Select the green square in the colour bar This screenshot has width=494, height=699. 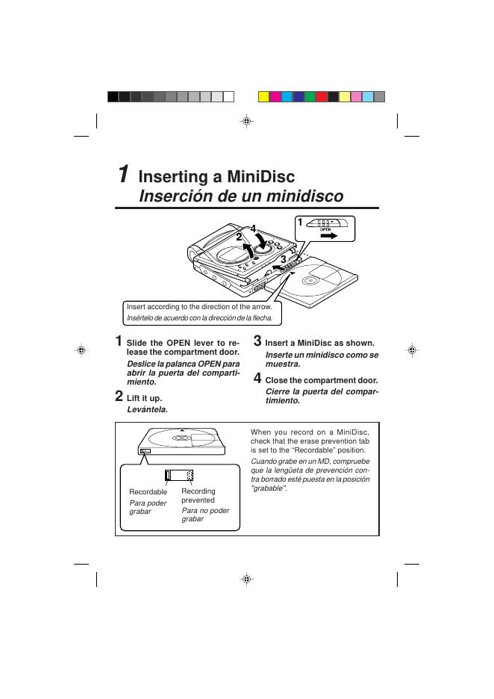310,96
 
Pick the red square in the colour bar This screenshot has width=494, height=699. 322,96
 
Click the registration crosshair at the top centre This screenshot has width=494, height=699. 247,121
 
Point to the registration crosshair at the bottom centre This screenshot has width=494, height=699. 247,579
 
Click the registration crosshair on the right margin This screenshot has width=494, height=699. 410,350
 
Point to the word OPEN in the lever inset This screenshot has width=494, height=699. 325,229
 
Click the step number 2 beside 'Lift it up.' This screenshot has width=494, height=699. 119,396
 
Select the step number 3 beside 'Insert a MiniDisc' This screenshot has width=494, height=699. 258,341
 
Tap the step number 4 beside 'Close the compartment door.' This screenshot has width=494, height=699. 258,378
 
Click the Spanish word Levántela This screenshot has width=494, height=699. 147,409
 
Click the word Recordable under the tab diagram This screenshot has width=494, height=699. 148,492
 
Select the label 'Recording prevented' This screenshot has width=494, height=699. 198,496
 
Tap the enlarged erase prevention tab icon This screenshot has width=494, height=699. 179,476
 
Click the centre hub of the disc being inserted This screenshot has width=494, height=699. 310,281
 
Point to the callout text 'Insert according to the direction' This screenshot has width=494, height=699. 199,307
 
